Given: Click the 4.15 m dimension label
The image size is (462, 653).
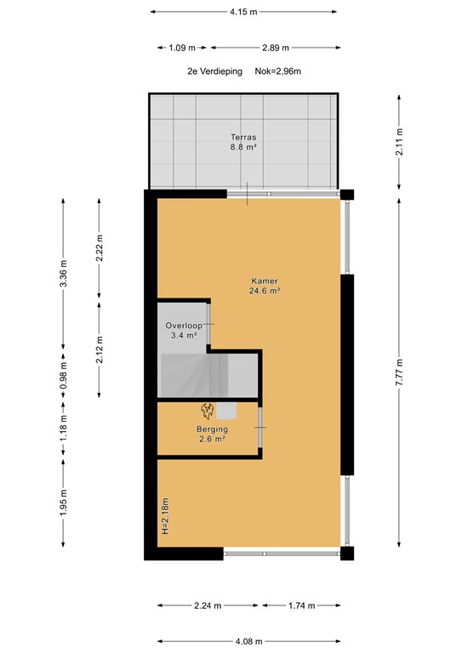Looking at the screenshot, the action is [x=243, y=12].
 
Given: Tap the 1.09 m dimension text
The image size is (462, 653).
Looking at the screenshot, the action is [x=182, y=48].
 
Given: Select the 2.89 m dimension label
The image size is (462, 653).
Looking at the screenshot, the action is [x=276, y=48].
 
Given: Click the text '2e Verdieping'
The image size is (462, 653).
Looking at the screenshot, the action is [x=214, y=71].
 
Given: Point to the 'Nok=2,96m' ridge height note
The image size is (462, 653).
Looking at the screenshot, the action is [x=278, y=71].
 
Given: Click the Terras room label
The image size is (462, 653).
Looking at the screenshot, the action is [x=243, y=137].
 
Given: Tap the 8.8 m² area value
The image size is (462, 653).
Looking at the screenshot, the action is [x=243, y=146].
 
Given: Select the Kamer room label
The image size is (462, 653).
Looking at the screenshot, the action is [x=265, y=281].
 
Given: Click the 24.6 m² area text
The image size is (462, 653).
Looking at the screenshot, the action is [x=265, y=291].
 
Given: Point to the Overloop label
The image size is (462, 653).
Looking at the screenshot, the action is [x=184, y=326].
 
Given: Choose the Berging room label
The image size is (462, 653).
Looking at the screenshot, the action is [x=213, y=429].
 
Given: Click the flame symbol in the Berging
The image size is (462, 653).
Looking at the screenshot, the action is [x=208, y=411].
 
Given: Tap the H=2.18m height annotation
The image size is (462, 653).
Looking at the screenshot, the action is [x=165, y=516].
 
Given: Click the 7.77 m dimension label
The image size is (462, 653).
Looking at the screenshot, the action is [x=399, y=372].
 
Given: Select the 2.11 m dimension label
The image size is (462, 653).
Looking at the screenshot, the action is [x=399, y=142].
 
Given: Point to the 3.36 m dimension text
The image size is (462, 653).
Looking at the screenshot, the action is [x=63, y=273].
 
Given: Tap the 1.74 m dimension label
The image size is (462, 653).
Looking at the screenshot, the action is [x=301, y=605].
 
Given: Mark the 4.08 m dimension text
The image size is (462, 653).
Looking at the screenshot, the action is [x=249, y=641].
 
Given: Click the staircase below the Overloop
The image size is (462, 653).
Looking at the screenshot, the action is [x=208, y=375].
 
